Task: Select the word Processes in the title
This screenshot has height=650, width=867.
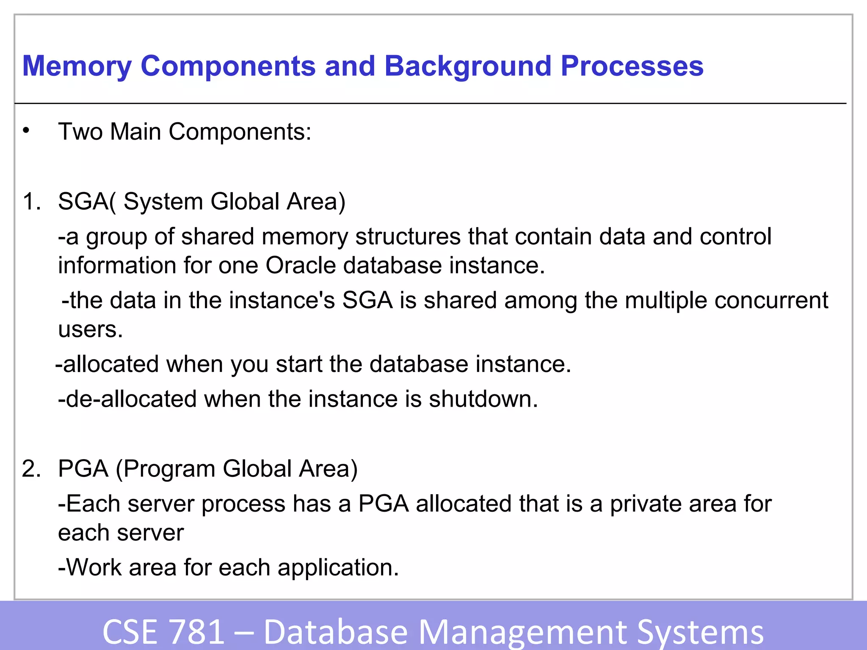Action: (632, 67)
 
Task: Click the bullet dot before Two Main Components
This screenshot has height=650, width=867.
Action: (26, 131)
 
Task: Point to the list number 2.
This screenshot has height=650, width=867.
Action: (32, 469)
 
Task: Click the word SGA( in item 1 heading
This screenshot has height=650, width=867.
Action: (87, 201)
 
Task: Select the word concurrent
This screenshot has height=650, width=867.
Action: (771, 300)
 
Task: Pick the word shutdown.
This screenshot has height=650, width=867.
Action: (483, 399)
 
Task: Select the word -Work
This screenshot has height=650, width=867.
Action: (90, 567)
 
